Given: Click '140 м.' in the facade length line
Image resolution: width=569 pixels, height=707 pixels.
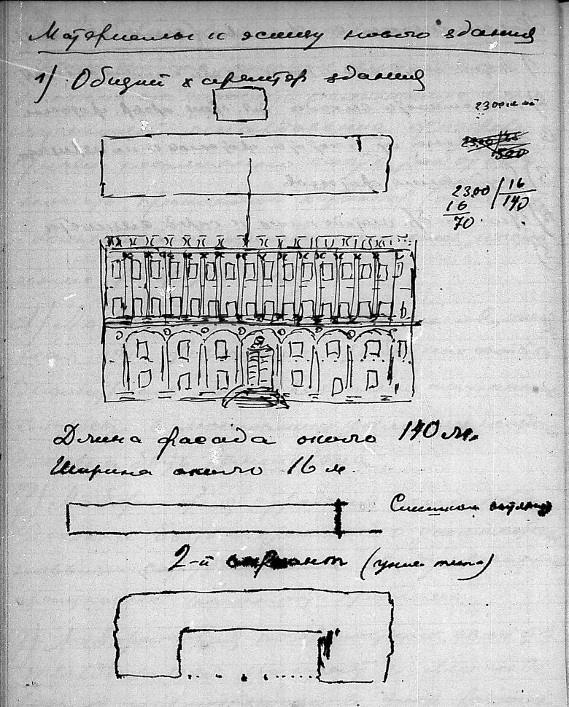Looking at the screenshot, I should point(436,435).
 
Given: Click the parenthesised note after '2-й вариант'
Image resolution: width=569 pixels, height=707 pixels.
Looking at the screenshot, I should point(427,564).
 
